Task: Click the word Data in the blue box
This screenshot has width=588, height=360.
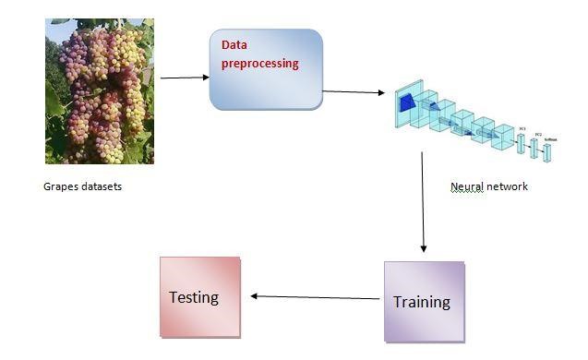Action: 234,45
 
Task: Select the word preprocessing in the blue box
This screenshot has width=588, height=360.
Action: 259,65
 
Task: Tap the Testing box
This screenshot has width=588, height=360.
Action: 199,296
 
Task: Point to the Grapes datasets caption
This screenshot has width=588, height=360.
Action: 82,186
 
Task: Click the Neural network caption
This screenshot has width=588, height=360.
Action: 488,186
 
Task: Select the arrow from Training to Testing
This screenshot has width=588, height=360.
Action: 314,297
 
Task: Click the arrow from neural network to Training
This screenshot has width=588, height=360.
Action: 423,203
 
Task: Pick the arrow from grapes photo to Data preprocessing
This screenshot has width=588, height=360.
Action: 184,78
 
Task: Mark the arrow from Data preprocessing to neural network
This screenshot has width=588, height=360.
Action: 354,92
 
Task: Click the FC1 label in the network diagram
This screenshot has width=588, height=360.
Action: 522,128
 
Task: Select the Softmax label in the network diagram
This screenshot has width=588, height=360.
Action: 550,138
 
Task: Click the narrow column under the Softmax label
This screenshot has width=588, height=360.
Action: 547,153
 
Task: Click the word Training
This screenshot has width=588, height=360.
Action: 422,302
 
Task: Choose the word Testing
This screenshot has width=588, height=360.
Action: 194,297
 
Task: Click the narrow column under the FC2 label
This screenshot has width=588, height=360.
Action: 534,148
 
